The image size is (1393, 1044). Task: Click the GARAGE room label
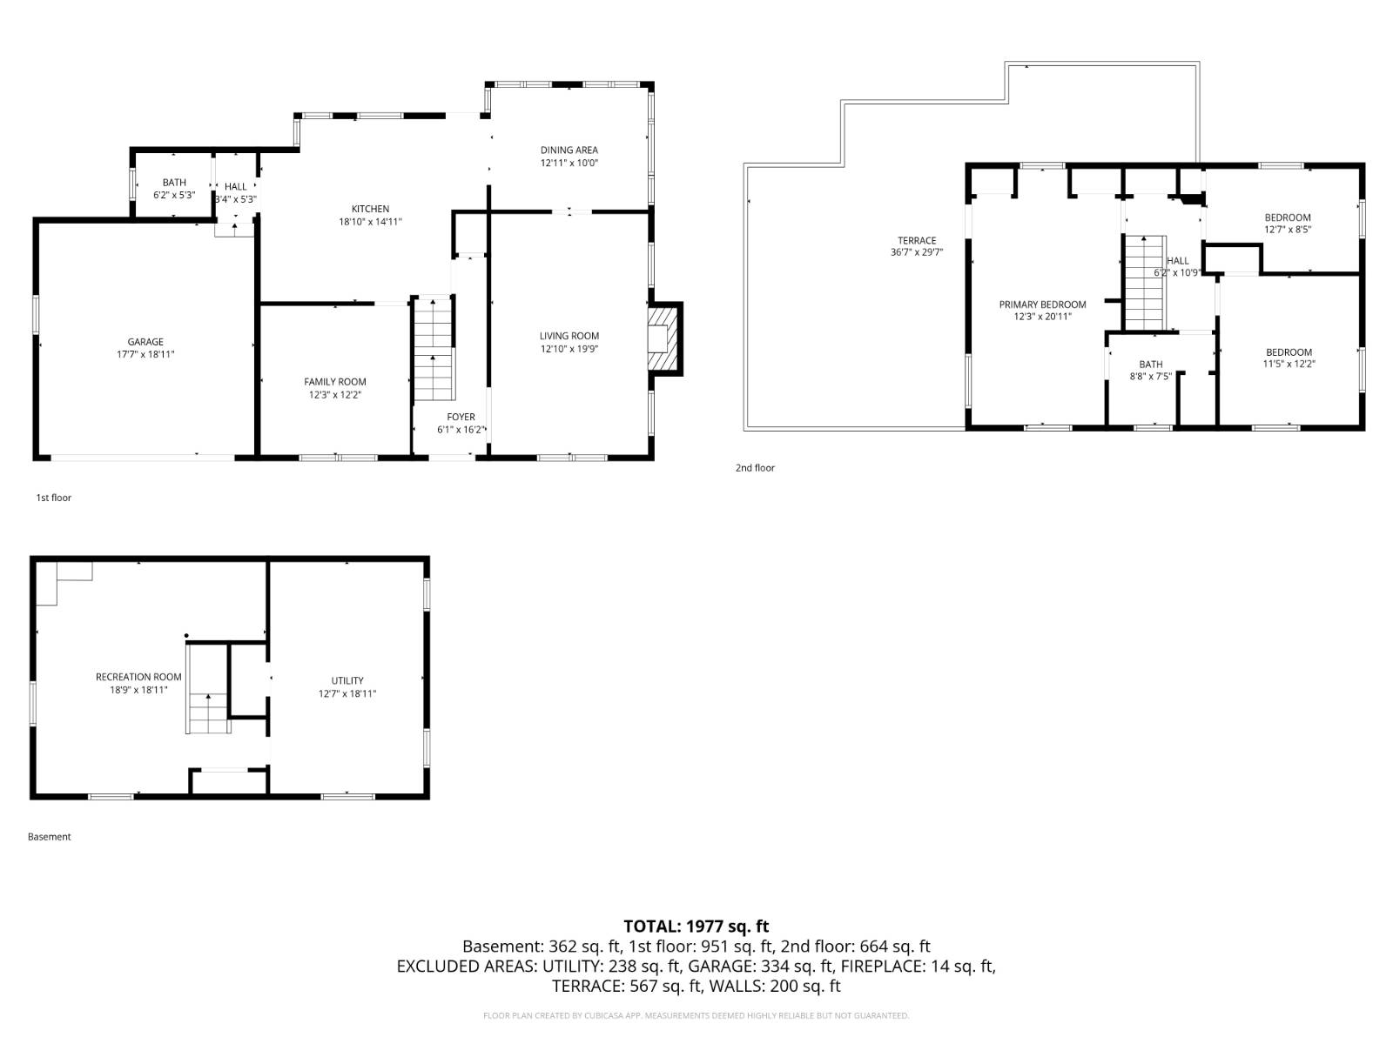(x=145, y=342)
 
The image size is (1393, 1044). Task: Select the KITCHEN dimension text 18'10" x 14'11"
(x=370, y=222)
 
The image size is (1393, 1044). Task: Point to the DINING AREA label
(x=569, y=150)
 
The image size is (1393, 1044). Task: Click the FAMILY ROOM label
(x=334, y=382)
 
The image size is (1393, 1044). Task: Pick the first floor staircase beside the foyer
(x=434, y=348)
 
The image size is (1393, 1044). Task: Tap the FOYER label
(x=461, y=418)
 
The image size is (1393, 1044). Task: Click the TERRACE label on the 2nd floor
(x=917, y=241)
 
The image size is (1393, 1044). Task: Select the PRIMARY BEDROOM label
(x=1042, y=304)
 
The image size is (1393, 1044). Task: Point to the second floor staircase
(x=1143, y=283)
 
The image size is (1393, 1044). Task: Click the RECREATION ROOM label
(x=138, y=677)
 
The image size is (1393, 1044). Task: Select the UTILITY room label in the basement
(x=347, y=680)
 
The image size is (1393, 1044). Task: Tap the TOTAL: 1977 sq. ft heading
(x=696, y=927)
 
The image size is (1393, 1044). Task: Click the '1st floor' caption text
(x=53, y=498)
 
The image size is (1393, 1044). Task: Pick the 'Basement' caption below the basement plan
(x=49, y=837)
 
